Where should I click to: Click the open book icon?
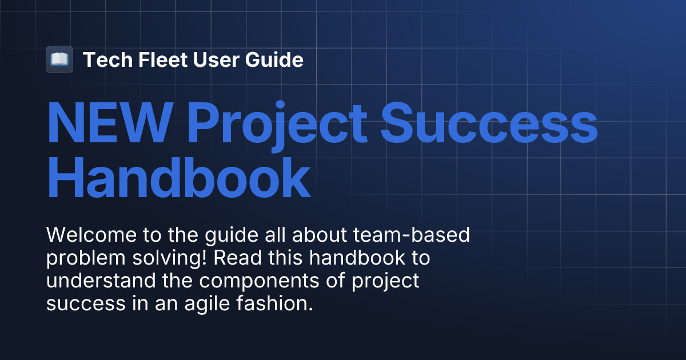tap(59, 59)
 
